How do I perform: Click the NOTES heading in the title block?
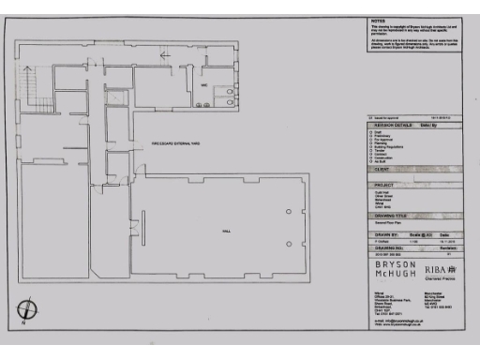[378, 21]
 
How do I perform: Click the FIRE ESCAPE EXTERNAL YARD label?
[177, 142]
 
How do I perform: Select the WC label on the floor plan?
[202, 85]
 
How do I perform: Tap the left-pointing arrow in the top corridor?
[166, 55]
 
